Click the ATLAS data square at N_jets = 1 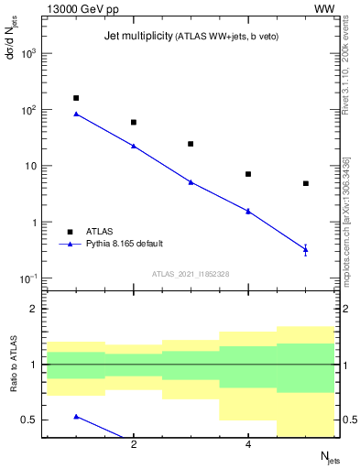click(x=76, y=98)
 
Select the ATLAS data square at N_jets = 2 click(x=134, y=122)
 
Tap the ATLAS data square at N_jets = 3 click(x=191, y=144)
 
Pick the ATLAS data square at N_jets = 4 click(x=248, y=174)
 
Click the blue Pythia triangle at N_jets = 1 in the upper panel click(x=76, y=114)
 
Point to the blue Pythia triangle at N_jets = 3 click(x=191, y=181)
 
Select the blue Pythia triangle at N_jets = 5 click(x=305, y=248)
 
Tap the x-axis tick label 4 click(x=248, y=445)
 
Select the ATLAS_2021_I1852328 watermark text click(x=191, y=274)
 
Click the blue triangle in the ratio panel click(x=76, y=416)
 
